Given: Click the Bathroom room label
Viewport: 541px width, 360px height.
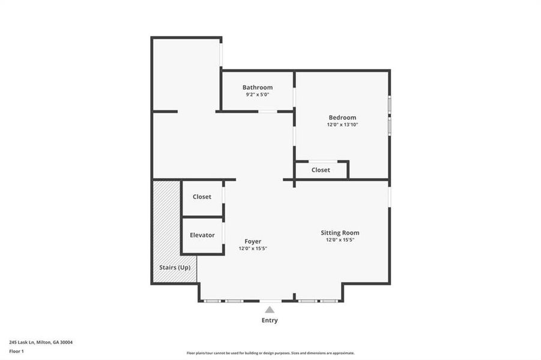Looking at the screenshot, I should [257, 88].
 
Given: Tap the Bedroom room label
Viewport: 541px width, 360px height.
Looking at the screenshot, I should [342, 118].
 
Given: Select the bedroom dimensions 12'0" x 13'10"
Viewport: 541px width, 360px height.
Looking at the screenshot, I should [342, 125].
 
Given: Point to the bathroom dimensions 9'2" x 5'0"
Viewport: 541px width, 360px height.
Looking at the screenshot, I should [257, 95].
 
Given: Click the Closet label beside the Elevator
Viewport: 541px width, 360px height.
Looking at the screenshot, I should [202, 197].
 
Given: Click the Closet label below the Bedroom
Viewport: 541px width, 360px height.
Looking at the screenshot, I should [321, 170].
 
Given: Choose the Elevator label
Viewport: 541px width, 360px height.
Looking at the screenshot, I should [202, 235].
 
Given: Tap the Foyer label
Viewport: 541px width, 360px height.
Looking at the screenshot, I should [252, 241].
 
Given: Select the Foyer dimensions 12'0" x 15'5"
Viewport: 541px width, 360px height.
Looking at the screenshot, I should [252, 248].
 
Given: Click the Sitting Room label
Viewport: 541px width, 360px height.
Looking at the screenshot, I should [340, 233].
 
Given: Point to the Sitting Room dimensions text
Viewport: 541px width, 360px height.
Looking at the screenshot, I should [340, 240].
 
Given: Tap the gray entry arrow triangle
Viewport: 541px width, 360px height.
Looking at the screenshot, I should [270, 310].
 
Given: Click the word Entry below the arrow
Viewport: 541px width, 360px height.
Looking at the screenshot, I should [270, 320].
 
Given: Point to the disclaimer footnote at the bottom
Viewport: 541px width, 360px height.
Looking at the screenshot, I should [270, 353].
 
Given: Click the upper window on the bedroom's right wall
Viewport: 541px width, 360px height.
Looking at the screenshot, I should [389, 104].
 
